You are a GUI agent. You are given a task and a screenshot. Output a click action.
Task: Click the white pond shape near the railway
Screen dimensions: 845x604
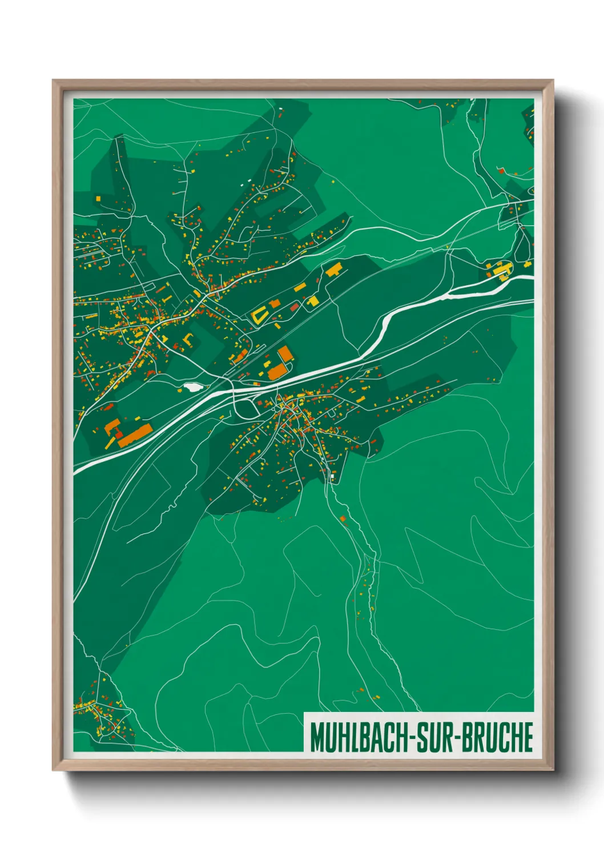pyautogui.click(x=190, y=387)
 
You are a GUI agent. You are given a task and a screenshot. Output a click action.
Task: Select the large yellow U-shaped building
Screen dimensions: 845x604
pyautogui.click(x=259, y=315)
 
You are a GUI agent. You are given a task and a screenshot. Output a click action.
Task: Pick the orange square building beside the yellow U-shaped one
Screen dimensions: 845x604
pyautogui.click(x=275, y=303)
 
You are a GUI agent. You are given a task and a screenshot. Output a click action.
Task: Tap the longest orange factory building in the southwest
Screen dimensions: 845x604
pyautogui.click(x=134, y=434)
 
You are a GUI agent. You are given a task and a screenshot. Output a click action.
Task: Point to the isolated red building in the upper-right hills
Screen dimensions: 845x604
pyautogui.click(x=501, y=170)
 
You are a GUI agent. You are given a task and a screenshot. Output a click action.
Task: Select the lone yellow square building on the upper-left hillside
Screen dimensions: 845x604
pyautogui.click(x=98, y=198)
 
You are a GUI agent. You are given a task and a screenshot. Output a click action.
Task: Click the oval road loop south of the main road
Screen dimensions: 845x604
pyautogui.click(x=246, y=408)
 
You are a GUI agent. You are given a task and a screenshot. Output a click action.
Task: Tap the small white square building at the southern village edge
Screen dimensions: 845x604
pyautogui.click(x=331, y=473)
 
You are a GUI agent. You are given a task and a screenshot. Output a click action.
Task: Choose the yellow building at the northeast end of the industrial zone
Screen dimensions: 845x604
pyautogui.click(x=333, y=269)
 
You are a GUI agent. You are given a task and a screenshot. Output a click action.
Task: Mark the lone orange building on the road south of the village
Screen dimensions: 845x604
pyautogui.click(x=343, y=518)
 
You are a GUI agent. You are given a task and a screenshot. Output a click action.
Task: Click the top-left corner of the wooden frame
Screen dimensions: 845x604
pyautogui.click(x=54, y=81)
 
